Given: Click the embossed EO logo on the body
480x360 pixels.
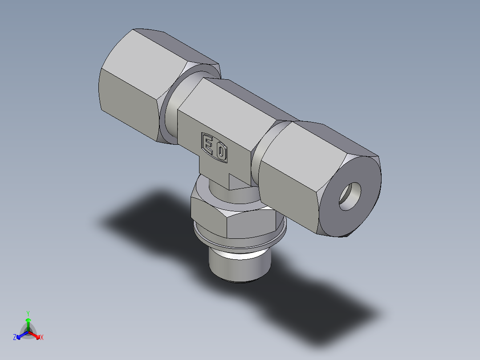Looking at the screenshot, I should [x=215, y=147].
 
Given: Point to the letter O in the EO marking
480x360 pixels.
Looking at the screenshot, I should [x=221, y=152].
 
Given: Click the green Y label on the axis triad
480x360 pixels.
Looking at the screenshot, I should [x=28, y=313].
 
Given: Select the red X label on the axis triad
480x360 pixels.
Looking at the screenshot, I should [x=42, y=337].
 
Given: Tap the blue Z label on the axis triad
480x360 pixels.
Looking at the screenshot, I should [x=15, y=337].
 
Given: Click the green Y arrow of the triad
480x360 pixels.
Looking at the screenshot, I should [x=28, y=323].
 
